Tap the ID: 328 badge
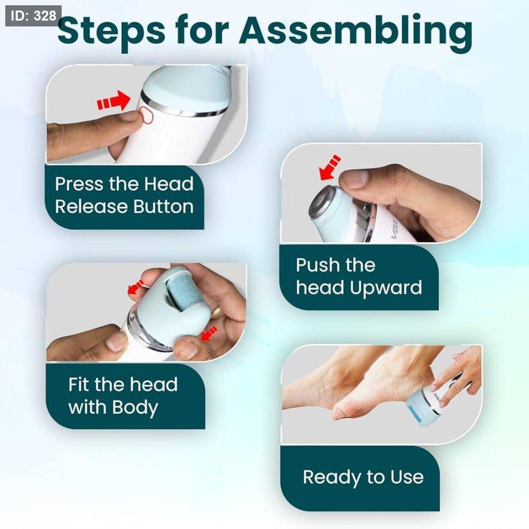tap(33, 16)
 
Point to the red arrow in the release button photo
tap(113, 101)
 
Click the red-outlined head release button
tap(146, 115)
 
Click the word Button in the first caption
tap(163, 206)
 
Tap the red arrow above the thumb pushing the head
tap(330, 168)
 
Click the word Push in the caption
tap(313, 265)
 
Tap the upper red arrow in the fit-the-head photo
tap(136, 288)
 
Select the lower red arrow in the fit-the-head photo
tap(209, 333)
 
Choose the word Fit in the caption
tap(79, 384)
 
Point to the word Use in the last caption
tap(407, 477)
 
